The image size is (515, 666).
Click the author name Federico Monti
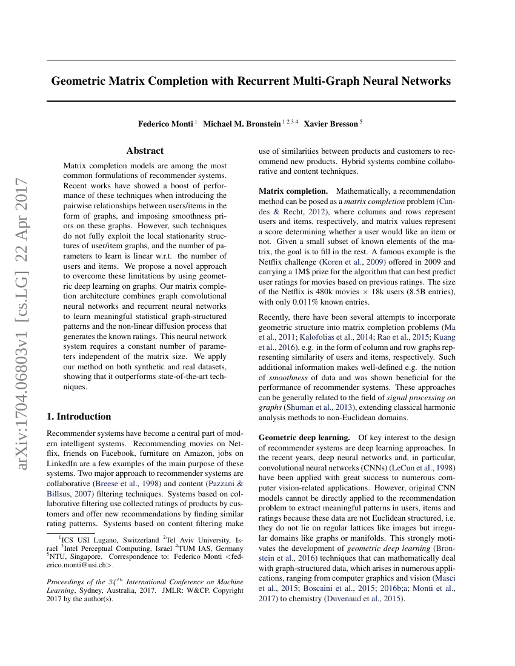(165, 124)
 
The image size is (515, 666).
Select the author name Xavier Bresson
(331, 124)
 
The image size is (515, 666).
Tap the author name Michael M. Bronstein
(241, 124)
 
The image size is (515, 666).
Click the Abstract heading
(145, 151)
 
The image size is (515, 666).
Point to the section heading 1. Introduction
(79, 417)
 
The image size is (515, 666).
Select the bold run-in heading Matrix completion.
(293, 191)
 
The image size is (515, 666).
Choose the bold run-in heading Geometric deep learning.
(304, 437)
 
